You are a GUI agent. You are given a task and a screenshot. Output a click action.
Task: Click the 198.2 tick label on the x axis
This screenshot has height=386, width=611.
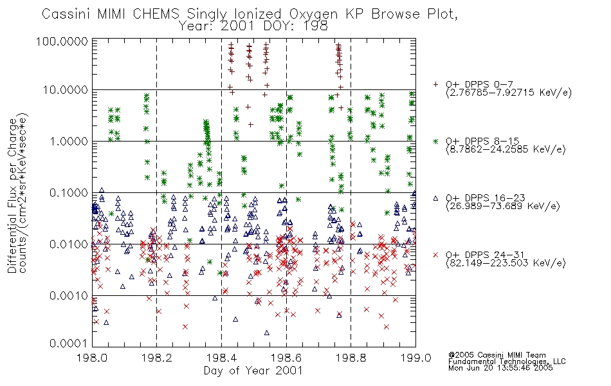point(157,358)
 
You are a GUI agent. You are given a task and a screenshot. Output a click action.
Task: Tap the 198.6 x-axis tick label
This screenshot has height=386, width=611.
point(286,358)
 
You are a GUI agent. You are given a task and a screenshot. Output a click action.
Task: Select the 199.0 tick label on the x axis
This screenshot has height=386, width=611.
point(415,358)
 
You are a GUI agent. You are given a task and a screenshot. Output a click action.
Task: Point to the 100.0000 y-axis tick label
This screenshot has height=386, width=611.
point(62,41)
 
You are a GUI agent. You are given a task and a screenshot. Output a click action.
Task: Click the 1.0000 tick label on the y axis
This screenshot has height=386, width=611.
point(69,141)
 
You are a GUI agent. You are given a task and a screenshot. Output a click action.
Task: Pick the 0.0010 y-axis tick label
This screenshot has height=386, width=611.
point(69,295)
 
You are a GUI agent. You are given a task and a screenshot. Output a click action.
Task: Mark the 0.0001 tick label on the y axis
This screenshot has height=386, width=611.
point(69,344)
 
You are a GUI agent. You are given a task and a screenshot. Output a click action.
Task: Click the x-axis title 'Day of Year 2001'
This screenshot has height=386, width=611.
point(253,371)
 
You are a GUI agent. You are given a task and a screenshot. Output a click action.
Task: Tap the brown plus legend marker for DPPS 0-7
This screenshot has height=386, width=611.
point(435,84)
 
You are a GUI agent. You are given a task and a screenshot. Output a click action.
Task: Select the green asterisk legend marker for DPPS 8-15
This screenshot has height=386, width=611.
point(435,141)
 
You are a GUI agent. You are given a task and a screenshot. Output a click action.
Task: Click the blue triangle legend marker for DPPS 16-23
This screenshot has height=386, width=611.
point(435,198)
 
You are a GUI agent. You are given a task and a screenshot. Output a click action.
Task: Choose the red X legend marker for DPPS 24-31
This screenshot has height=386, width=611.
point(435,255)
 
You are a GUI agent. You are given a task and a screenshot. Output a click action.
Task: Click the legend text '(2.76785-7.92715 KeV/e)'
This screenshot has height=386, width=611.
point(509,93)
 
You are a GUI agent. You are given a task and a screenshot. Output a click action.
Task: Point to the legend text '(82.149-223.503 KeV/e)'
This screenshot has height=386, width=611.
point(506,262)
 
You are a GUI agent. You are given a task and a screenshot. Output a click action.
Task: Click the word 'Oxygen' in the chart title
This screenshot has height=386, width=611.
point(313,14)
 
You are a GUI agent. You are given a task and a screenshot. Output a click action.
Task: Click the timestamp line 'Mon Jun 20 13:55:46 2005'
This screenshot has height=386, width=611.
point(500,368)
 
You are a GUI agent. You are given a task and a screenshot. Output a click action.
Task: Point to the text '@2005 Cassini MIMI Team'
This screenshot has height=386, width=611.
point(497,355)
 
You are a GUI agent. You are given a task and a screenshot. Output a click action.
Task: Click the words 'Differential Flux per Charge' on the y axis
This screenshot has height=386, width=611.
point(12,196)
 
